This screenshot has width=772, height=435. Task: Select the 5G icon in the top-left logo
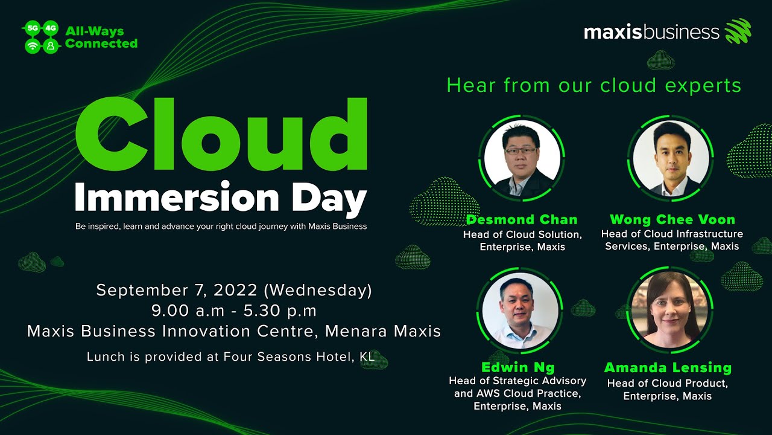33,28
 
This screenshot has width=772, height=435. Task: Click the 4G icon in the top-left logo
51,28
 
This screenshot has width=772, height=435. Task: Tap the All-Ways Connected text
101,37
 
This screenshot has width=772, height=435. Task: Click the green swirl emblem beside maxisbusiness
738,31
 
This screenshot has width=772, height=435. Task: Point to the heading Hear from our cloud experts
593,85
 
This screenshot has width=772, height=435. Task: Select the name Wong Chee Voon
672,219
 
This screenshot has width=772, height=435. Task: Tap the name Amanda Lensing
668,368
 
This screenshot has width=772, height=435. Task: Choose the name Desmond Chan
522,219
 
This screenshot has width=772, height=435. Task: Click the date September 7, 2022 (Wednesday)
234,290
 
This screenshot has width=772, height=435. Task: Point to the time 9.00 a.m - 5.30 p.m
234,311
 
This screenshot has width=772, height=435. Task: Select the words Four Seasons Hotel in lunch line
275,357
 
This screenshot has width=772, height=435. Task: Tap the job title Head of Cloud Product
667,384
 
